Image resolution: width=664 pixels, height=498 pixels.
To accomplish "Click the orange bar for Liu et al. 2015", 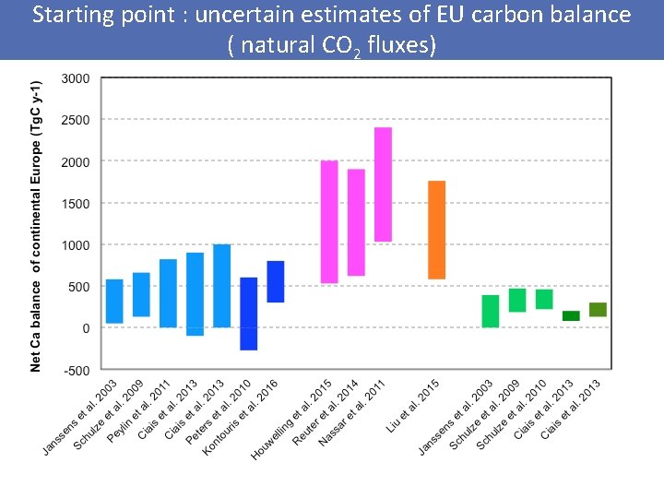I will pyautogui.click(x=436, y=230).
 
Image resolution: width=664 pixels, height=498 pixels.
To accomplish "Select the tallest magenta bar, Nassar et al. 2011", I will pyautogui.click(x=383, y=184).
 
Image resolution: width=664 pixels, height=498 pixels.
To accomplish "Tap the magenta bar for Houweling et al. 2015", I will pyautogui.click(x=329, y=221).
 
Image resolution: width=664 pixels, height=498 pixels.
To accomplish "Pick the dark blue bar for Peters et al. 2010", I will pyautogui.click(x=249, y=314).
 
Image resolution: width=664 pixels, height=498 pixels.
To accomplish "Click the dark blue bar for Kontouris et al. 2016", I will pyautogui.click(x=276, y=281).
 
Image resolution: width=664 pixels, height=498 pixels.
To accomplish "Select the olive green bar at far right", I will pyautogui.click(x=598, y=309).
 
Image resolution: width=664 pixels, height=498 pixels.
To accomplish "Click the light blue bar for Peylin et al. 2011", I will pyautogui.click(x=168, y=293).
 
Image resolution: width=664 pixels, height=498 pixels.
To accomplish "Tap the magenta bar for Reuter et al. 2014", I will pyautogui.click(x=356, y=222).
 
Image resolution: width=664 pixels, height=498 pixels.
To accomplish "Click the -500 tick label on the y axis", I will pyautogui.click(x=75, y=370).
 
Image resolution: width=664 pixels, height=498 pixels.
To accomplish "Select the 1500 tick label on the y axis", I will pyautogui.click(x=75, y=203).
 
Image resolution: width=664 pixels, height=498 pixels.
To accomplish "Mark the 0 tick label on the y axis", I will pyautogui.click(x=86, y=328).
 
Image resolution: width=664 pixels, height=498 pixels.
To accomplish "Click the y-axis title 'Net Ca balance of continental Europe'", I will pyautogui.click(x=36, y=224).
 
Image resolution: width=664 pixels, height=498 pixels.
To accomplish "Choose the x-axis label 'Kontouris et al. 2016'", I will pyautogui.click(x=239, y=417).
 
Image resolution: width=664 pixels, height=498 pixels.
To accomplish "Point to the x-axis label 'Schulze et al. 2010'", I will pyautogui.click(x=512, y=414).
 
